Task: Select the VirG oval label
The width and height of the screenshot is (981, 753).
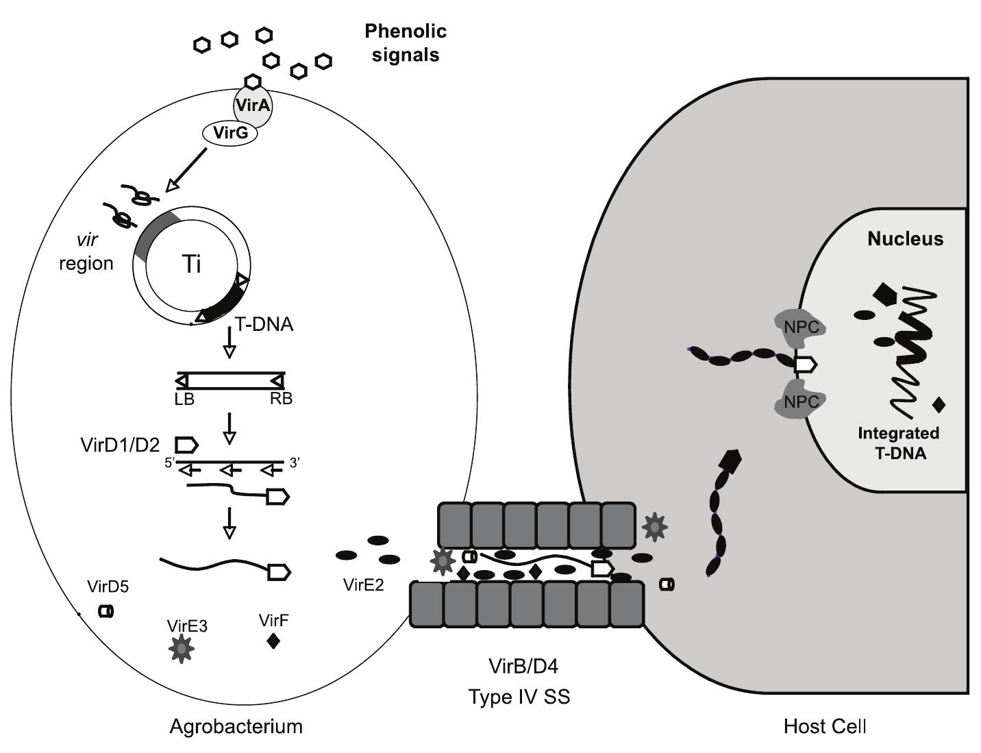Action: (230, 133)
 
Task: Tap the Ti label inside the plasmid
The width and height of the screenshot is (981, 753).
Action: (192, 264)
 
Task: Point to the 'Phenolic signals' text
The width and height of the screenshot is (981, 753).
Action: (406, 42)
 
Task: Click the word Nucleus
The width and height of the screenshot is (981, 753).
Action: (905, 238)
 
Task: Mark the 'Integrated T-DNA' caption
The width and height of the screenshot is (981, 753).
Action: (899, 443)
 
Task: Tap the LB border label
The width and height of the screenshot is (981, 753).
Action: (184, 399)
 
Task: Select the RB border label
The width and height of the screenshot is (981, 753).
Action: (281, 399)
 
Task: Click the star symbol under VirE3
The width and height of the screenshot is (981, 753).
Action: (182, 648)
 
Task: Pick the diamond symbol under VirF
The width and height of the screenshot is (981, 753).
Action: (273, 641)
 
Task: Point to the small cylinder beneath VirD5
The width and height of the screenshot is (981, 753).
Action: (105, 610)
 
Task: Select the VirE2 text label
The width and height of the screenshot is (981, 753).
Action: (364, 584)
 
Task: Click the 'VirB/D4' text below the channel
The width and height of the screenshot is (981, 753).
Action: (519, 665)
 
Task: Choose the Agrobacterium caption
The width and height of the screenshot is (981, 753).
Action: (236, 726)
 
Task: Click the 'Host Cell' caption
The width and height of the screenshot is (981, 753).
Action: (825, 726)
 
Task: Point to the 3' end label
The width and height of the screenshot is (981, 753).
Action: (295, 463)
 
